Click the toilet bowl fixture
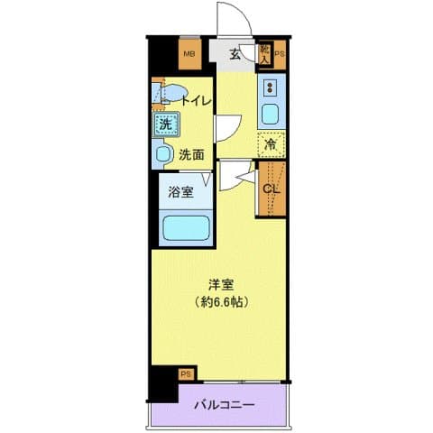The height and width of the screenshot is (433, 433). click(x=174, y=91)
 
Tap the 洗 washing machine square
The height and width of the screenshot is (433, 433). click(x=165, y=125)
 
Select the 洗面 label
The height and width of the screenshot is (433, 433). click(x=191, y=154)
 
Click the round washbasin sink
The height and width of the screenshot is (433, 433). click(x=162, y=154)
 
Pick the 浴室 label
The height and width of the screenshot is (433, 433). click(x=180, y=191)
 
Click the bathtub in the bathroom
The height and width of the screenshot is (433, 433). click(x=187, y=227)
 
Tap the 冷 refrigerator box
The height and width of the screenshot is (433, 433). click(x=271, y=143)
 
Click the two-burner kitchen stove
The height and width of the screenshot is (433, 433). click(x=271, y=88)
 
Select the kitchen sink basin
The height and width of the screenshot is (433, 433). click(x=271, y=115)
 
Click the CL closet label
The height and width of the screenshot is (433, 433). click(x=270, y=189)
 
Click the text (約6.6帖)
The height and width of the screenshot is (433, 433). click(x=217, y=301)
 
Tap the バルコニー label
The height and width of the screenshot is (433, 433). click(x=224, y=404)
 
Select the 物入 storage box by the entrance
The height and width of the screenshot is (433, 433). click(x=264, y=53)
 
